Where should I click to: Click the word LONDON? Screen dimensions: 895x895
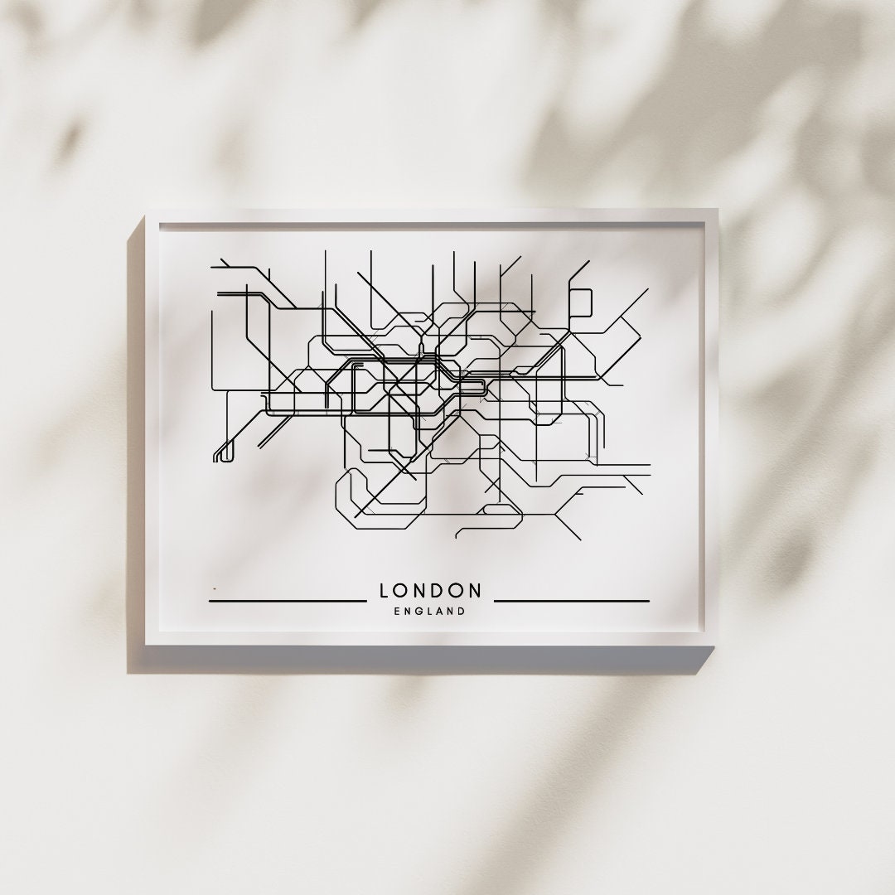coord(430,591)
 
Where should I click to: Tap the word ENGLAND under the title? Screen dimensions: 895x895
coord(430,612)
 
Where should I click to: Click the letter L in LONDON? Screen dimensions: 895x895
coord(385,591)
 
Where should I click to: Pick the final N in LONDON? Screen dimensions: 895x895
coord(475,591)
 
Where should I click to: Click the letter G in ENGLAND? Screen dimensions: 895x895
coord(420,612)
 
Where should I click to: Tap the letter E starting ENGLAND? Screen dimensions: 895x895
coord(399,612)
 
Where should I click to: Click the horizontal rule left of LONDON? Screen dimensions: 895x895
coord(287,600)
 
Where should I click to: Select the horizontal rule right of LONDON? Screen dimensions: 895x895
coord(571,600)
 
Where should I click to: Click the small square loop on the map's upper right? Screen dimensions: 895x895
coord(580,302)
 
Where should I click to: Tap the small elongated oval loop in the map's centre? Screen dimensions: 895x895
coord(472,386)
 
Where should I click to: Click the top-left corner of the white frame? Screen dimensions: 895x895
coord(147,210)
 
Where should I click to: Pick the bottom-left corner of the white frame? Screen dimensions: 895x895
coord(147,645)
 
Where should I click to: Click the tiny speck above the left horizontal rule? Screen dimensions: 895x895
coord(214,589)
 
